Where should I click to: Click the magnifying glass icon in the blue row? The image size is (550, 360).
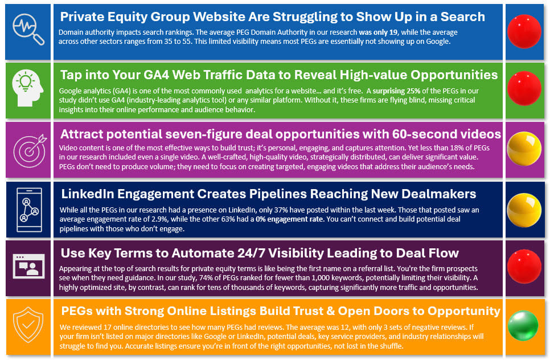[x=28, y=30]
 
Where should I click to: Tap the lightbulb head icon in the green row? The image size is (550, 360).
[x=28, y=88]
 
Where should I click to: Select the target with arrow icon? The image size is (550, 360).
[x=30, y=150]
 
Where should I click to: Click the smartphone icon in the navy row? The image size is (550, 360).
[x=29, y=210]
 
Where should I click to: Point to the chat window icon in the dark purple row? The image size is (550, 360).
[x=28, y=267]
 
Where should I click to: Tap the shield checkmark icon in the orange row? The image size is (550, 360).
[x=28, y=325]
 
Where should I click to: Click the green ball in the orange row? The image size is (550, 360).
[x=523, y=326]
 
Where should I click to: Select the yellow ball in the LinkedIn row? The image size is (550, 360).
[x=524, y=210]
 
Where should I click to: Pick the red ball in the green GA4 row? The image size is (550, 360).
[x=524, y=88]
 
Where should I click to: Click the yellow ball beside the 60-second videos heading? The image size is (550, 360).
[x=524, y=149]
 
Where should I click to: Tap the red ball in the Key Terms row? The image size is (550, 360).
[x=524, y=267]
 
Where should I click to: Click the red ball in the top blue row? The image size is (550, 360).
[x=524, y=31]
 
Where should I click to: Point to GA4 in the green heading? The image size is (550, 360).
[x=153, y=75]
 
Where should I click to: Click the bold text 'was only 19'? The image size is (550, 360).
[x=378, y=32]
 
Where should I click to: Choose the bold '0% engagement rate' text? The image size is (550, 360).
[x=289, y=219]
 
